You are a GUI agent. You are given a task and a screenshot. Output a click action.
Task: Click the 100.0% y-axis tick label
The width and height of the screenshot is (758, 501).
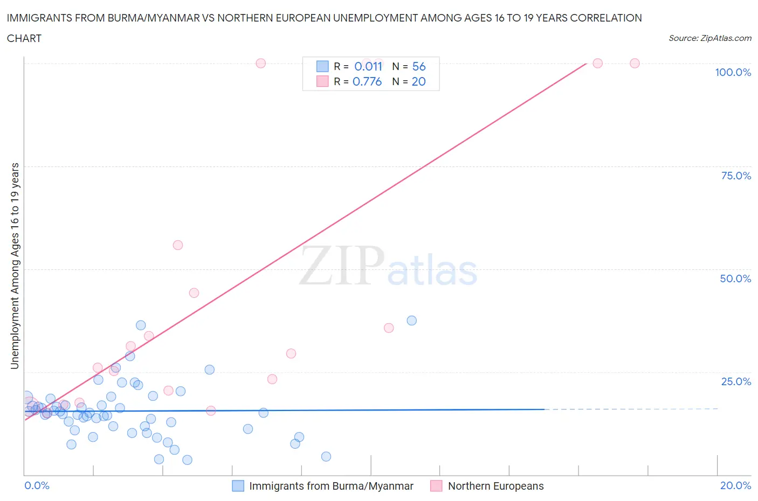(733, 73)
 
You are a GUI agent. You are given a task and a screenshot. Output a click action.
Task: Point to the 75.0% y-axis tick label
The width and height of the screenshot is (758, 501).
(736, 176)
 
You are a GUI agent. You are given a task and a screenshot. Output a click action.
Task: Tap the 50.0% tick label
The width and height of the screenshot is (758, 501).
(735, 279)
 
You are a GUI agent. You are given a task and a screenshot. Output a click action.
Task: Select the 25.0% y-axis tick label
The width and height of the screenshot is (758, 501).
(736, 381)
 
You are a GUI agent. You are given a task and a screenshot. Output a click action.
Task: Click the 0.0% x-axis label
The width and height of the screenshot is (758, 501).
(37, 485)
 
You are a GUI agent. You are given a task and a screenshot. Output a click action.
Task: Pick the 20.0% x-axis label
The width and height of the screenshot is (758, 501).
(735, 485)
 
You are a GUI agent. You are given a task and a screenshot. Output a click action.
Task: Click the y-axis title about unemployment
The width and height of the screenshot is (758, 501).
(15, 266)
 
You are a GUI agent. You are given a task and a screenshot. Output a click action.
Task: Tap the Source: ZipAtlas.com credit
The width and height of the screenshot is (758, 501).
(709, 38)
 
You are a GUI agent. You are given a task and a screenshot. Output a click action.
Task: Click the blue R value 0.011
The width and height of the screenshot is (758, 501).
(368, 66)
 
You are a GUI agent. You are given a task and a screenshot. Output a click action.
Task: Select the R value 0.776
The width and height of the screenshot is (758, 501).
(367, 81)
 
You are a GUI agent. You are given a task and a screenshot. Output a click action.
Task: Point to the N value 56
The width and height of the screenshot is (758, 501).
(419, 66)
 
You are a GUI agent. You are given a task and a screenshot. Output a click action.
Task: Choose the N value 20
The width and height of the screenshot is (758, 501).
(419, 81)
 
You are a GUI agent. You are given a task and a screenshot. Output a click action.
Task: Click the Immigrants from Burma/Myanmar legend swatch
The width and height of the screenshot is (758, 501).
(238, 486)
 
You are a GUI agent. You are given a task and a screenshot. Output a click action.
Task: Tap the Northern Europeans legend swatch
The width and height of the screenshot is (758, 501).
(436, 486)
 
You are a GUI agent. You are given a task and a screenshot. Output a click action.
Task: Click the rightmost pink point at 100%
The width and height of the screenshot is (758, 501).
(635, 63)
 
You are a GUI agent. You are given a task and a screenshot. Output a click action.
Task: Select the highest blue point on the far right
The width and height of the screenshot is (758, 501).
(411, 321)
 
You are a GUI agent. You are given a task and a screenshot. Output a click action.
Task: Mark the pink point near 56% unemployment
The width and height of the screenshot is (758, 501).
(177, 245)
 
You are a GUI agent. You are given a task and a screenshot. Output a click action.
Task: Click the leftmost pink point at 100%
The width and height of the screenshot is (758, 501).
(260, 63)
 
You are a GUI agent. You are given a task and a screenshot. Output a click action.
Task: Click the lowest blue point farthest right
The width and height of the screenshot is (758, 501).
(326, 456)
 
